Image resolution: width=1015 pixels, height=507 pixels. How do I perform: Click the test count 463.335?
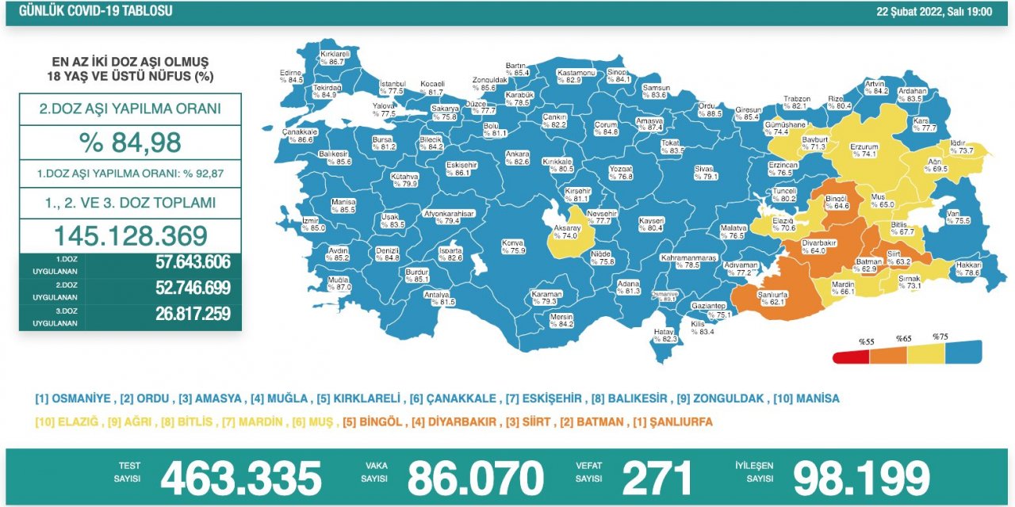240,478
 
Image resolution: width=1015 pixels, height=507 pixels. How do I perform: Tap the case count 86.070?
475,478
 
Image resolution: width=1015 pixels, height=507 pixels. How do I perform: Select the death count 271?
657,478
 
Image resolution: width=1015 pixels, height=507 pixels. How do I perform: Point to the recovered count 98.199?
861,478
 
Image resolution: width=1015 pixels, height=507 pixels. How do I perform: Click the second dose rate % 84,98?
130,143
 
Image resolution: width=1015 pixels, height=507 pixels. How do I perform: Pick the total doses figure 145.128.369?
130,235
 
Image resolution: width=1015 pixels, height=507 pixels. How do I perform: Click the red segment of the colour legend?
851,357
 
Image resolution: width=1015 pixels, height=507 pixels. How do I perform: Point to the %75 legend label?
940,337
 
